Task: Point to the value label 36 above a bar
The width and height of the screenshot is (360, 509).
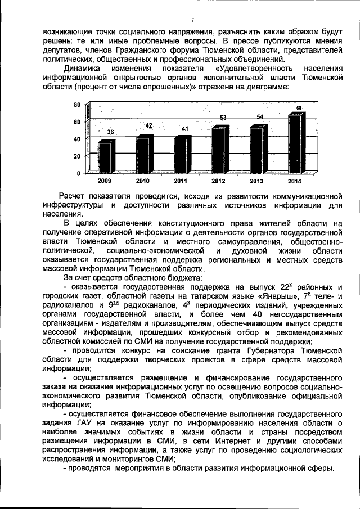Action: pos(111,132)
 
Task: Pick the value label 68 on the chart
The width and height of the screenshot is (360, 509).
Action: pos(299,107)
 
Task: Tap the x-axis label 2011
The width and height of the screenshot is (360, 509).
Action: pos(181,181)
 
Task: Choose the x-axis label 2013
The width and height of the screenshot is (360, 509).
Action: pos(256,181)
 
